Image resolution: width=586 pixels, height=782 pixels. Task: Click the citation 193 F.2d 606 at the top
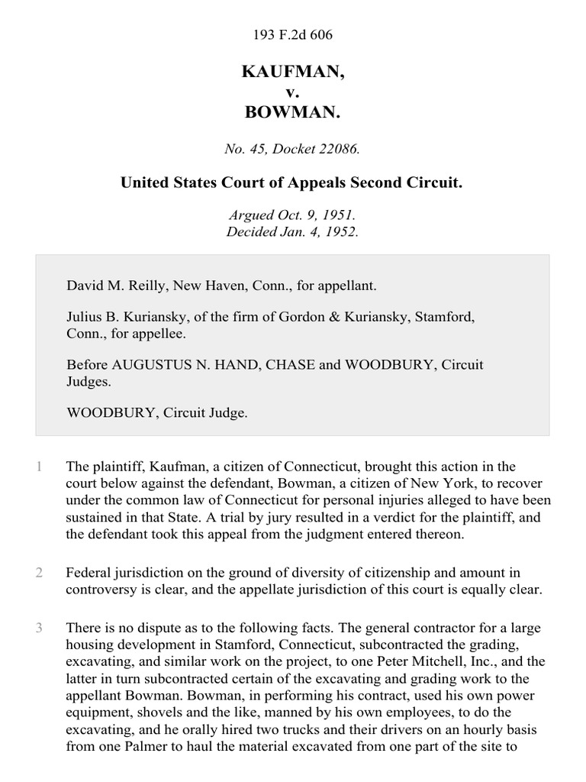tap(292, 35)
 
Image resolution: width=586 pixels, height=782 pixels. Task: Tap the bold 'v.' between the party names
tap(292, 92)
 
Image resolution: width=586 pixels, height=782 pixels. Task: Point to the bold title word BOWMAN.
tap(292, 113)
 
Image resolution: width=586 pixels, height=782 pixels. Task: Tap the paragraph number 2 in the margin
tap(39, 572)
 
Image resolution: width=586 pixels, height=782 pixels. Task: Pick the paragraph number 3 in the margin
tap(39, 629)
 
